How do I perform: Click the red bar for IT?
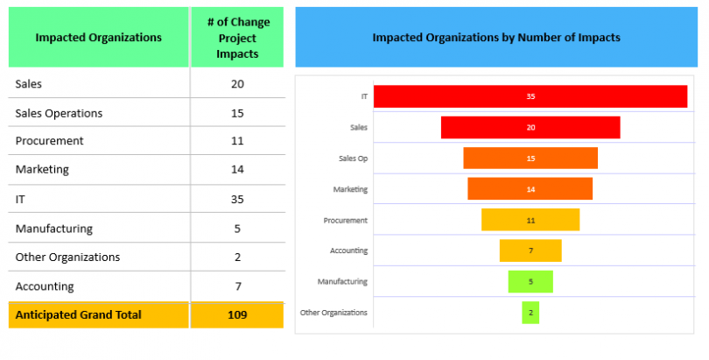[530, 96]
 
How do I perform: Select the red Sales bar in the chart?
[530, 127]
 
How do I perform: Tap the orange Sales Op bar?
[530, 158]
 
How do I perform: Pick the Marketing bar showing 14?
[530, 188]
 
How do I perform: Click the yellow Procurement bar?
[530, 220]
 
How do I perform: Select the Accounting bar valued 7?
[530, 251]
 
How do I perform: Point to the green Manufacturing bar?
[530, 281]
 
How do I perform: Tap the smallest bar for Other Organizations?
[530, 312]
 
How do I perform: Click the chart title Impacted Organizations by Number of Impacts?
[496, 38]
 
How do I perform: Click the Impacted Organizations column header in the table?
[98, 38]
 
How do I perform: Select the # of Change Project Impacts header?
[237, 38]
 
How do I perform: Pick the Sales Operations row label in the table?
[59, 113]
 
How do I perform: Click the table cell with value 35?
[237, 199]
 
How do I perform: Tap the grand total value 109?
[237, 314]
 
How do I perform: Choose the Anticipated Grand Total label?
[78, 314]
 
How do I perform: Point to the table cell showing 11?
[237, 141]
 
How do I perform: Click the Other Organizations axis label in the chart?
[333, 313]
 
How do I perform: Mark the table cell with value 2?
[237, 257]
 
